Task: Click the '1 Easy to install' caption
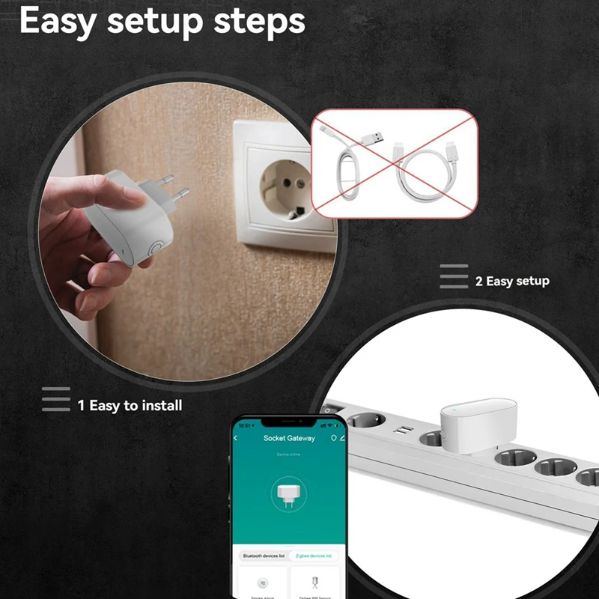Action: coord(130,406)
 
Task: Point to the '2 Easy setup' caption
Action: coord(512,282)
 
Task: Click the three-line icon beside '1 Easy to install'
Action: coord(55,399)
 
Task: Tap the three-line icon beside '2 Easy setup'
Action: coord(454,276)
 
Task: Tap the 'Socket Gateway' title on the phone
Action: coord(289,438)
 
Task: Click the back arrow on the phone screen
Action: coord(237,438)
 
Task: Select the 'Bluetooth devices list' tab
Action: coord(262,556)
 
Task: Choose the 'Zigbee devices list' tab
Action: coord(313,556)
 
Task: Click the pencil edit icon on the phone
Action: coord(343,437)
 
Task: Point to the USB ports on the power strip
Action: coord(404,432)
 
